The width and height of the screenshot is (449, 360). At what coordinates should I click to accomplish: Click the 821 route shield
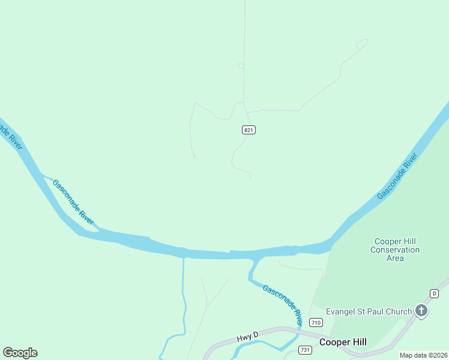pos(249,130)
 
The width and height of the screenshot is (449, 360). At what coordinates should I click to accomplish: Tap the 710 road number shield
pos(316,323)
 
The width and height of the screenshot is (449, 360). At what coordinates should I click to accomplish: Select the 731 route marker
pos(305,350)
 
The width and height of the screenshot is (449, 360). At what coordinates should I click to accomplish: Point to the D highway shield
pos(435,293)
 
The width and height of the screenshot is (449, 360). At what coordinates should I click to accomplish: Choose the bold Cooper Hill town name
pos(343,342)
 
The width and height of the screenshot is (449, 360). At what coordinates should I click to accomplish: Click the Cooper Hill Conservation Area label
pos(395,250)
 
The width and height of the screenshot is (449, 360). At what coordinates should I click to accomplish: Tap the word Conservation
pos(395,250)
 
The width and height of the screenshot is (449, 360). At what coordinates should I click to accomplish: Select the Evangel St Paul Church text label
pos(369,311)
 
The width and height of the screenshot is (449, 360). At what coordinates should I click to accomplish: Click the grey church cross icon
pos(422,311)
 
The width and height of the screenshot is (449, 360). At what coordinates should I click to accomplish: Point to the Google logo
pos(20,353)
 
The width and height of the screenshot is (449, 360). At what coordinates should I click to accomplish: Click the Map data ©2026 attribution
pos(424,355)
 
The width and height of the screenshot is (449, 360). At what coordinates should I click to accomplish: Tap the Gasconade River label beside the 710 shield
pos(282,301)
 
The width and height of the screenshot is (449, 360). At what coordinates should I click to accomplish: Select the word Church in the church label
pos(398,311)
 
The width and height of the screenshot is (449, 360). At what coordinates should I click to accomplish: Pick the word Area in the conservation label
pos(395,258)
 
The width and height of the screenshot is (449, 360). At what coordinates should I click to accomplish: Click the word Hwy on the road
pos(244,339)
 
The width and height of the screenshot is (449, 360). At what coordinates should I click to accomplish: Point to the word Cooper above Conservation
pos(388,241)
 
